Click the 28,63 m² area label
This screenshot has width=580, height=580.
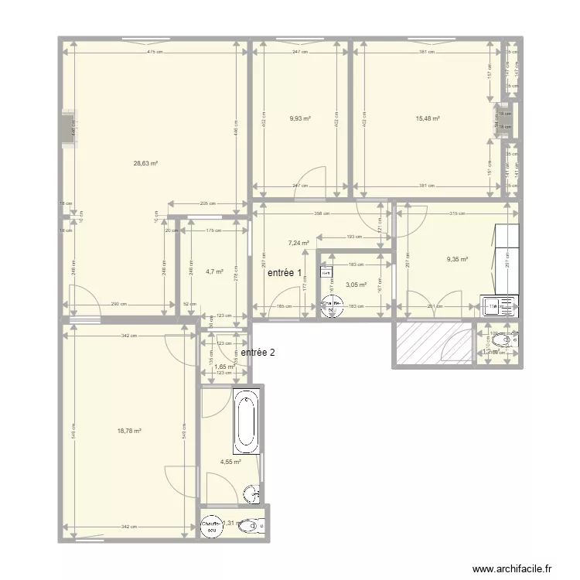[x=145, y=163]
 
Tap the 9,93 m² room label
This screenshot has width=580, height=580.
[x=300, y=118]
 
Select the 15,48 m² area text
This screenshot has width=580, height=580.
[x=428, y=118]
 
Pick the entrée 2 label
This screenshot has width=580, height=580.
[x=258, y=353]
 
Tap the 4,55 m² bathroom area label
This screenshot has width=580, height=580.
[x=230, y=462]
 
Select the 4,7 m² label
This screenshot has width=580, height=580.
[x=214, y=271]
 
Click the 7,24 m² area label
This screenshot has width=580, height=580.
[x=299, y=242]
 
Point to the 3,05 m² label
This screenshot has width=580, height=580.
[x=356, y=285]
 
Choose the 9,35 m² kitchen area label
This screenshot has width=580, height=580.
[x=458, y=260]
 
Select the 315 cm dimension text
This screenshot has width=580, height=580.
[x=457, y=214]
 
